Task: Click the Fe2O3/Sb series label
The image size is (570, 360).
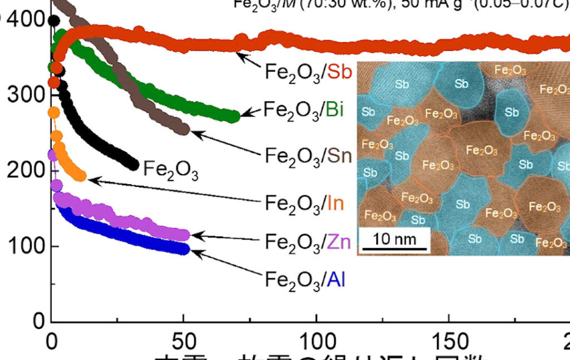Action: tap(308, 72)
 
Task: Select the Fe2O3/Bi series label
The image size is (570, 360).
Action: tap(303, 110)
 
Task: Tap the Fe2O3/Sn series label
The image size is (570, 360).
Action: tap(308, 155)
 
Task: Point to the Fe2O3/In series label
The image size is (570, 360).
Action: tap(304, 204)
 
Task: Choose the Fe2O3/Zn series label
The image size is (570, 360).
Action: tap(308, 242)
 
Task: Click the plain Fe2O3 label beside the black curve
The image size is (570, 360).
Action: tap(170, 168)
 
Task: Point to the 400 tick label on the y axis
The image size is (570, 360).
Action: tap(26, 20)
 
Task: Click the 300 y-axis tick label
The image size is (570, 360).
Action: tap(26, 95)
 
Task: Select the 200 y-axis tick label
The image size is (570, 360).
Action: tap(26, 170)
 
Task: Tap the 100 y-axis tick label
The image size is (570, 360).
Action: tap(26, 245)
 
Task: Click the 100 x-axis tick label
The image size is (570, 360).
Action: tap(316, 339)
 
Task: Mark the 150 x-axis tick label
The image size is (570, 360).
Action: tap(449, 339)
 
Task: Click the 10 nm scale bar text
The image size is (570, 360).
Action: tap(392, 240)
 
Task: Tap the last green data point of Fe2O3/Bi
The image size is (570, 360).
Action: tap(234, 116)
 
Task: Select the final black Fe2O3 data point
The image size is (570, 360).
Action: tap(133, 165)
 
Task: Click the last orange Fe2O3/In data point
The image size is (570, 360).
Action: tap(81, 176)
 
